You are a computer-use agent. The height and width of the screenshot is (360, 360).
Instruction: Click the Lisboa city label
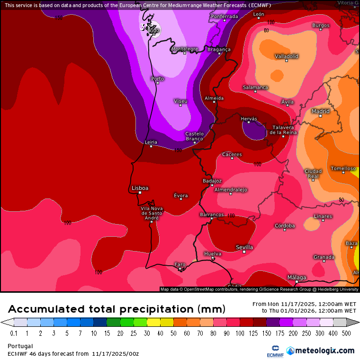point(140,188)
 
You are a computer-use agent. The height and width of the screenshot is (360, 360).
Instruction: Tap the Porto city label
point(157,79)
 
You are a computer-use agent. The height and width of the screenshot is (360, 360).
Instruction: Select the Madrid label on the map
point(320,111)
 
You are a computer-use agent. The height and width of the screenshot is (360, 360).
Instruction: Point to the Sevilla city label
point(244,247)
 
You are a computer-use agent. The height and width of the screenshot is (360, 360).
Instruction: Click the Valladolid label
point(287,56)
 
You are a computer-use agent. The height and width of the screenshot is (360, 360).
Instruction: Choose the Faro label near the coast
point(180,264)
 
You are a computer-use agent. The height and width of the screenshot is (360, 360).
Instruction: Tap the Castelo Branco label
point(194,136)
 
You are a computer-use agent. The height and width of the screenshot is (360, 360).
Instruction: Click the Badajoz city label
point(212,180)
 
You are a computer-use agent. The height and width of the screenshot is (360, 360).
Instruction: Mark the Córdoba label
point(285,225)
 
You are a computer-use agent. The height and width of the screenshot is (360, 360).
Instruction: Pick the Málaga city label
point(297,277)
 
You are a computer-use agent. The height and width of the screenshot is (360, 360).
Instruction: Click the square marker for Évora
point(180,199)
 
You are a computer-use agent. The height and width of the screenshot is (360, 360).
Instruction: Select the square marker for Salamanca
point(255,91)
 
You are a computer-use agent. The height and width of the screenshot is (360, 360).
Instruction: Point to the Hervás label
point(249,118)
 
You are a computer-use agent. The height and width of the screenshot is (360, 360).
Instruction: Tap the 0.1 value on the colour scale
point(14,333)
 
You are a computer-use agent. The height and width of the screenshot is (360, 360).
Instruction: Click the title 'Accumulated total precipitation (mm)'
point(117,309)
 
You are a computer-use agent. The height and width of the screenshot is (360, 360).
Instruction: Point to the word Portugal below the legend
point(20,346)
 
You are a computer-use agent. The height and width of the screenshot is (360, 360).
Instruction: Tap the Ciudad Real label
point(313,173)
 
